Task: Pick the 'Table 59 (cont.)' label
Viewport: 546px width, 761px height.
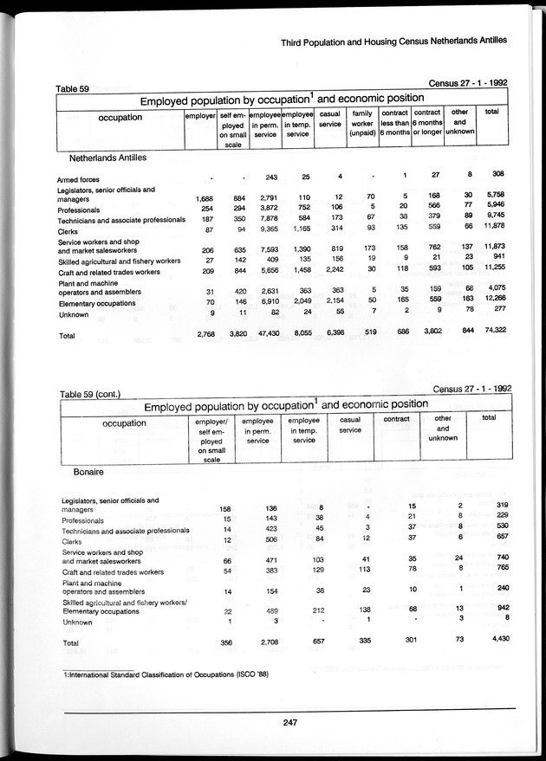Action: pyautogui.click(x=89, y=395)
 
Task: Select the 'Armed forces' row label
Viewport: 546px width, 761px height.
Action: pyautogui.click(x=81, y=179)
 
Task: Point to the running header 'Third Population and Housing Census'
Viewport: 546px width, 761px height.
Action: pyautogui.click(x=393, y=41)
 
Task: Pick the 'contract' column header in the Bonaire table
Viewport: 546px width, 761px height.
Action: pyautogui.click(x=395, y=419)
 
